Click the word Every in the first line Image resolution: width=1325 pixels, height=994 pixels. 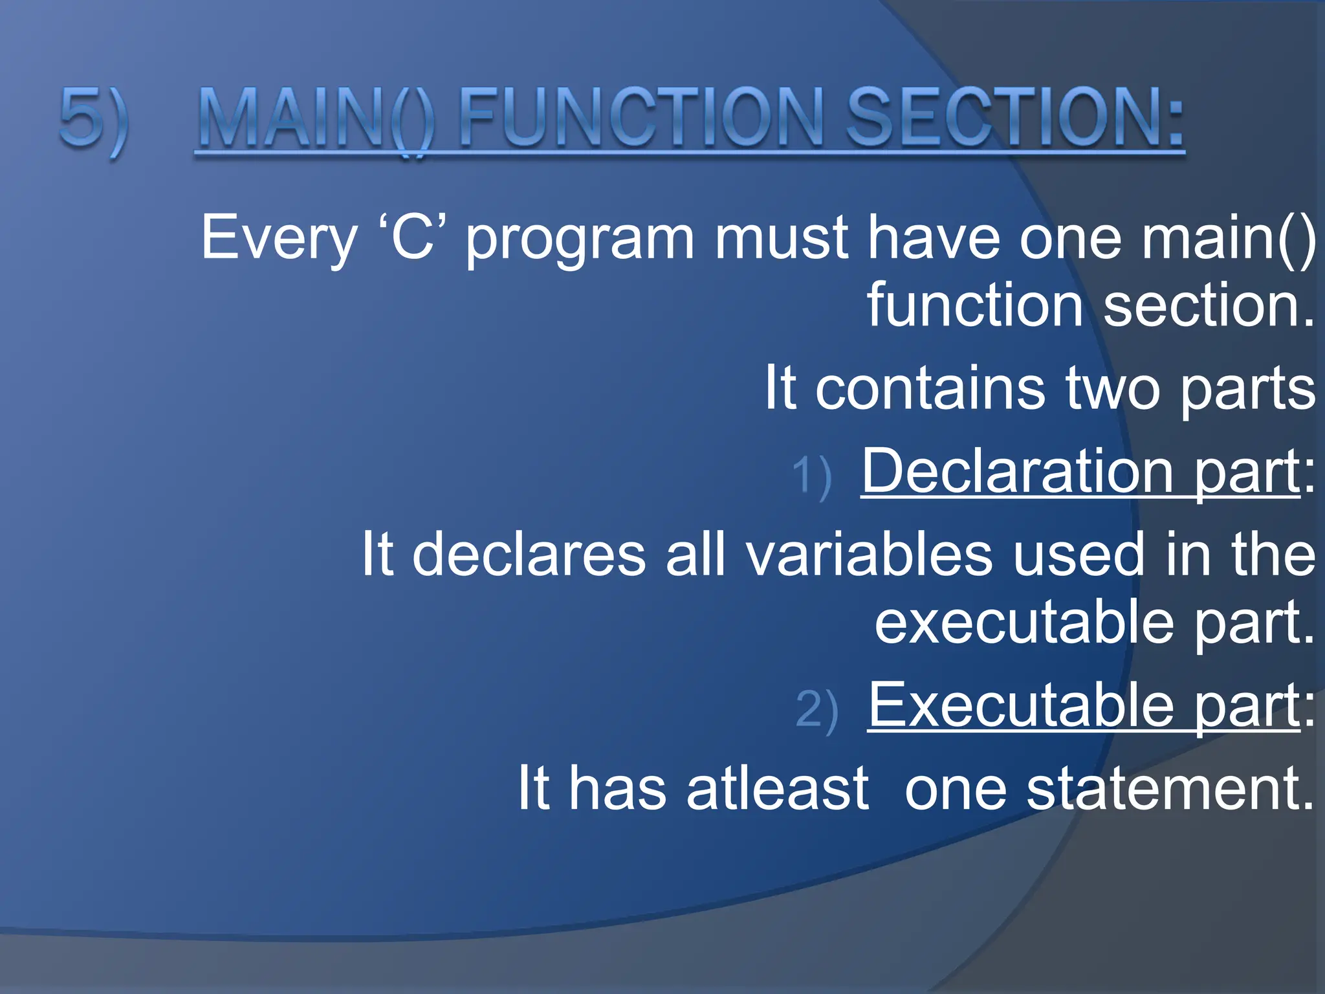278,238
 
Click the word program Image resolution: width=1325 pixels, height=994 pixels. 580,241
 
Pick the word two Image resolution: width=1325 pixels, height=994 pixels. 1113,388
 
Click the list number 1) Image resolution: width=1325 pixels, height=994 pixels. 811,477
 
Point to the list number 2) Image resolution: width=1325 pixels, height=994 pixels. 816,710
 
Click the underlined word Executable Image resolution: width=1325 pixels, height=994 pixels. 1021,705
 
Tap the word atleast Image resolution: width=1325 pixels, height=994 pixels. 777,788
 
